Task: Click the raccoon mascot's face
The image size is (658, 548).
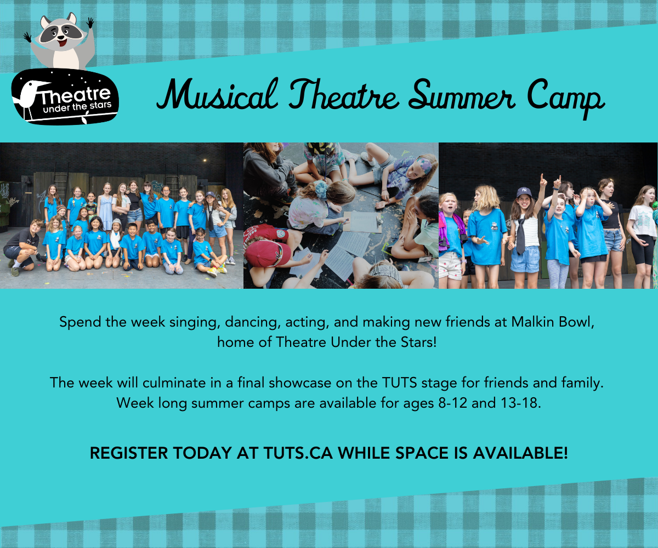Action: pyautogui.click(x=60, y=35)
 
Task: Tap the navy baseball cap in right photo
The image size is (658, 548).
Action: pyautogui.click(x=524, y=192)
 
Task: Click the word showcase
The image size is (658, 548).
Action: pyautogui.click(x=312, y=383)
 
